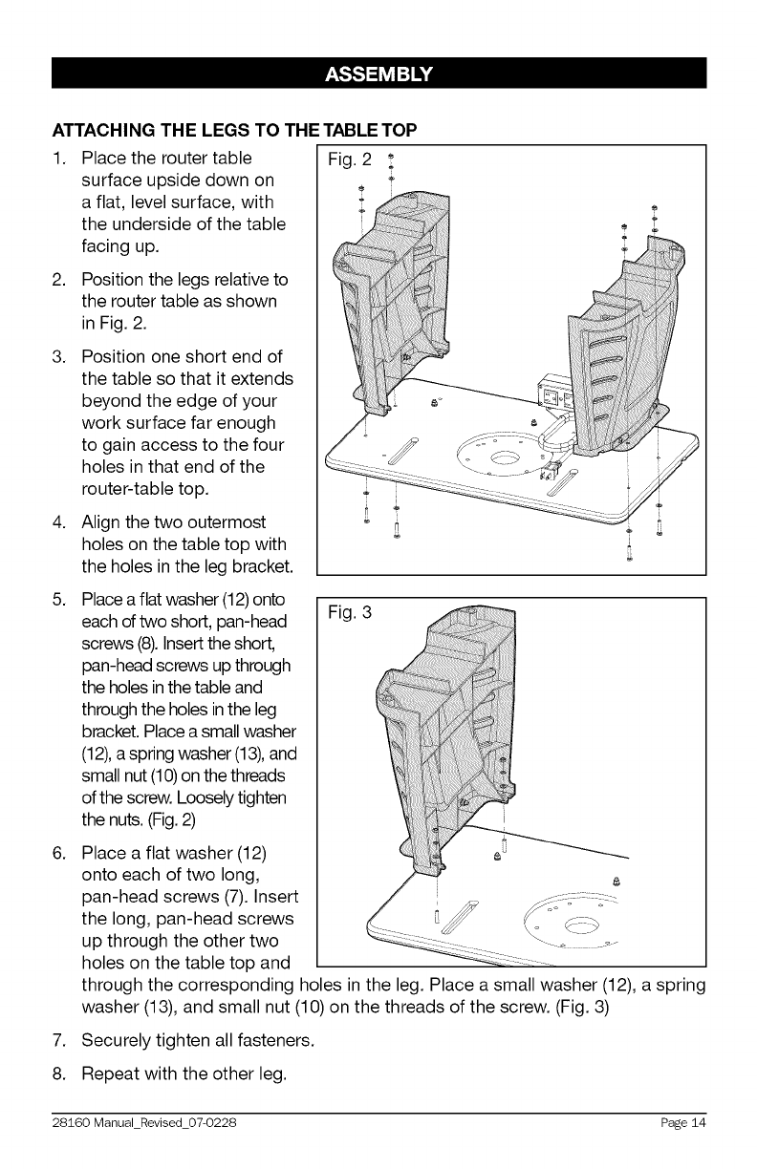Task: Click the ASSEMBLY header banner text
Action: coord(378,74)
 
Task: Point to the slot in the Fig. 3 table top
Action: coord(453,908)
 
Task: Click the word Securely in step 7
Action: coord(119,1038)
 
